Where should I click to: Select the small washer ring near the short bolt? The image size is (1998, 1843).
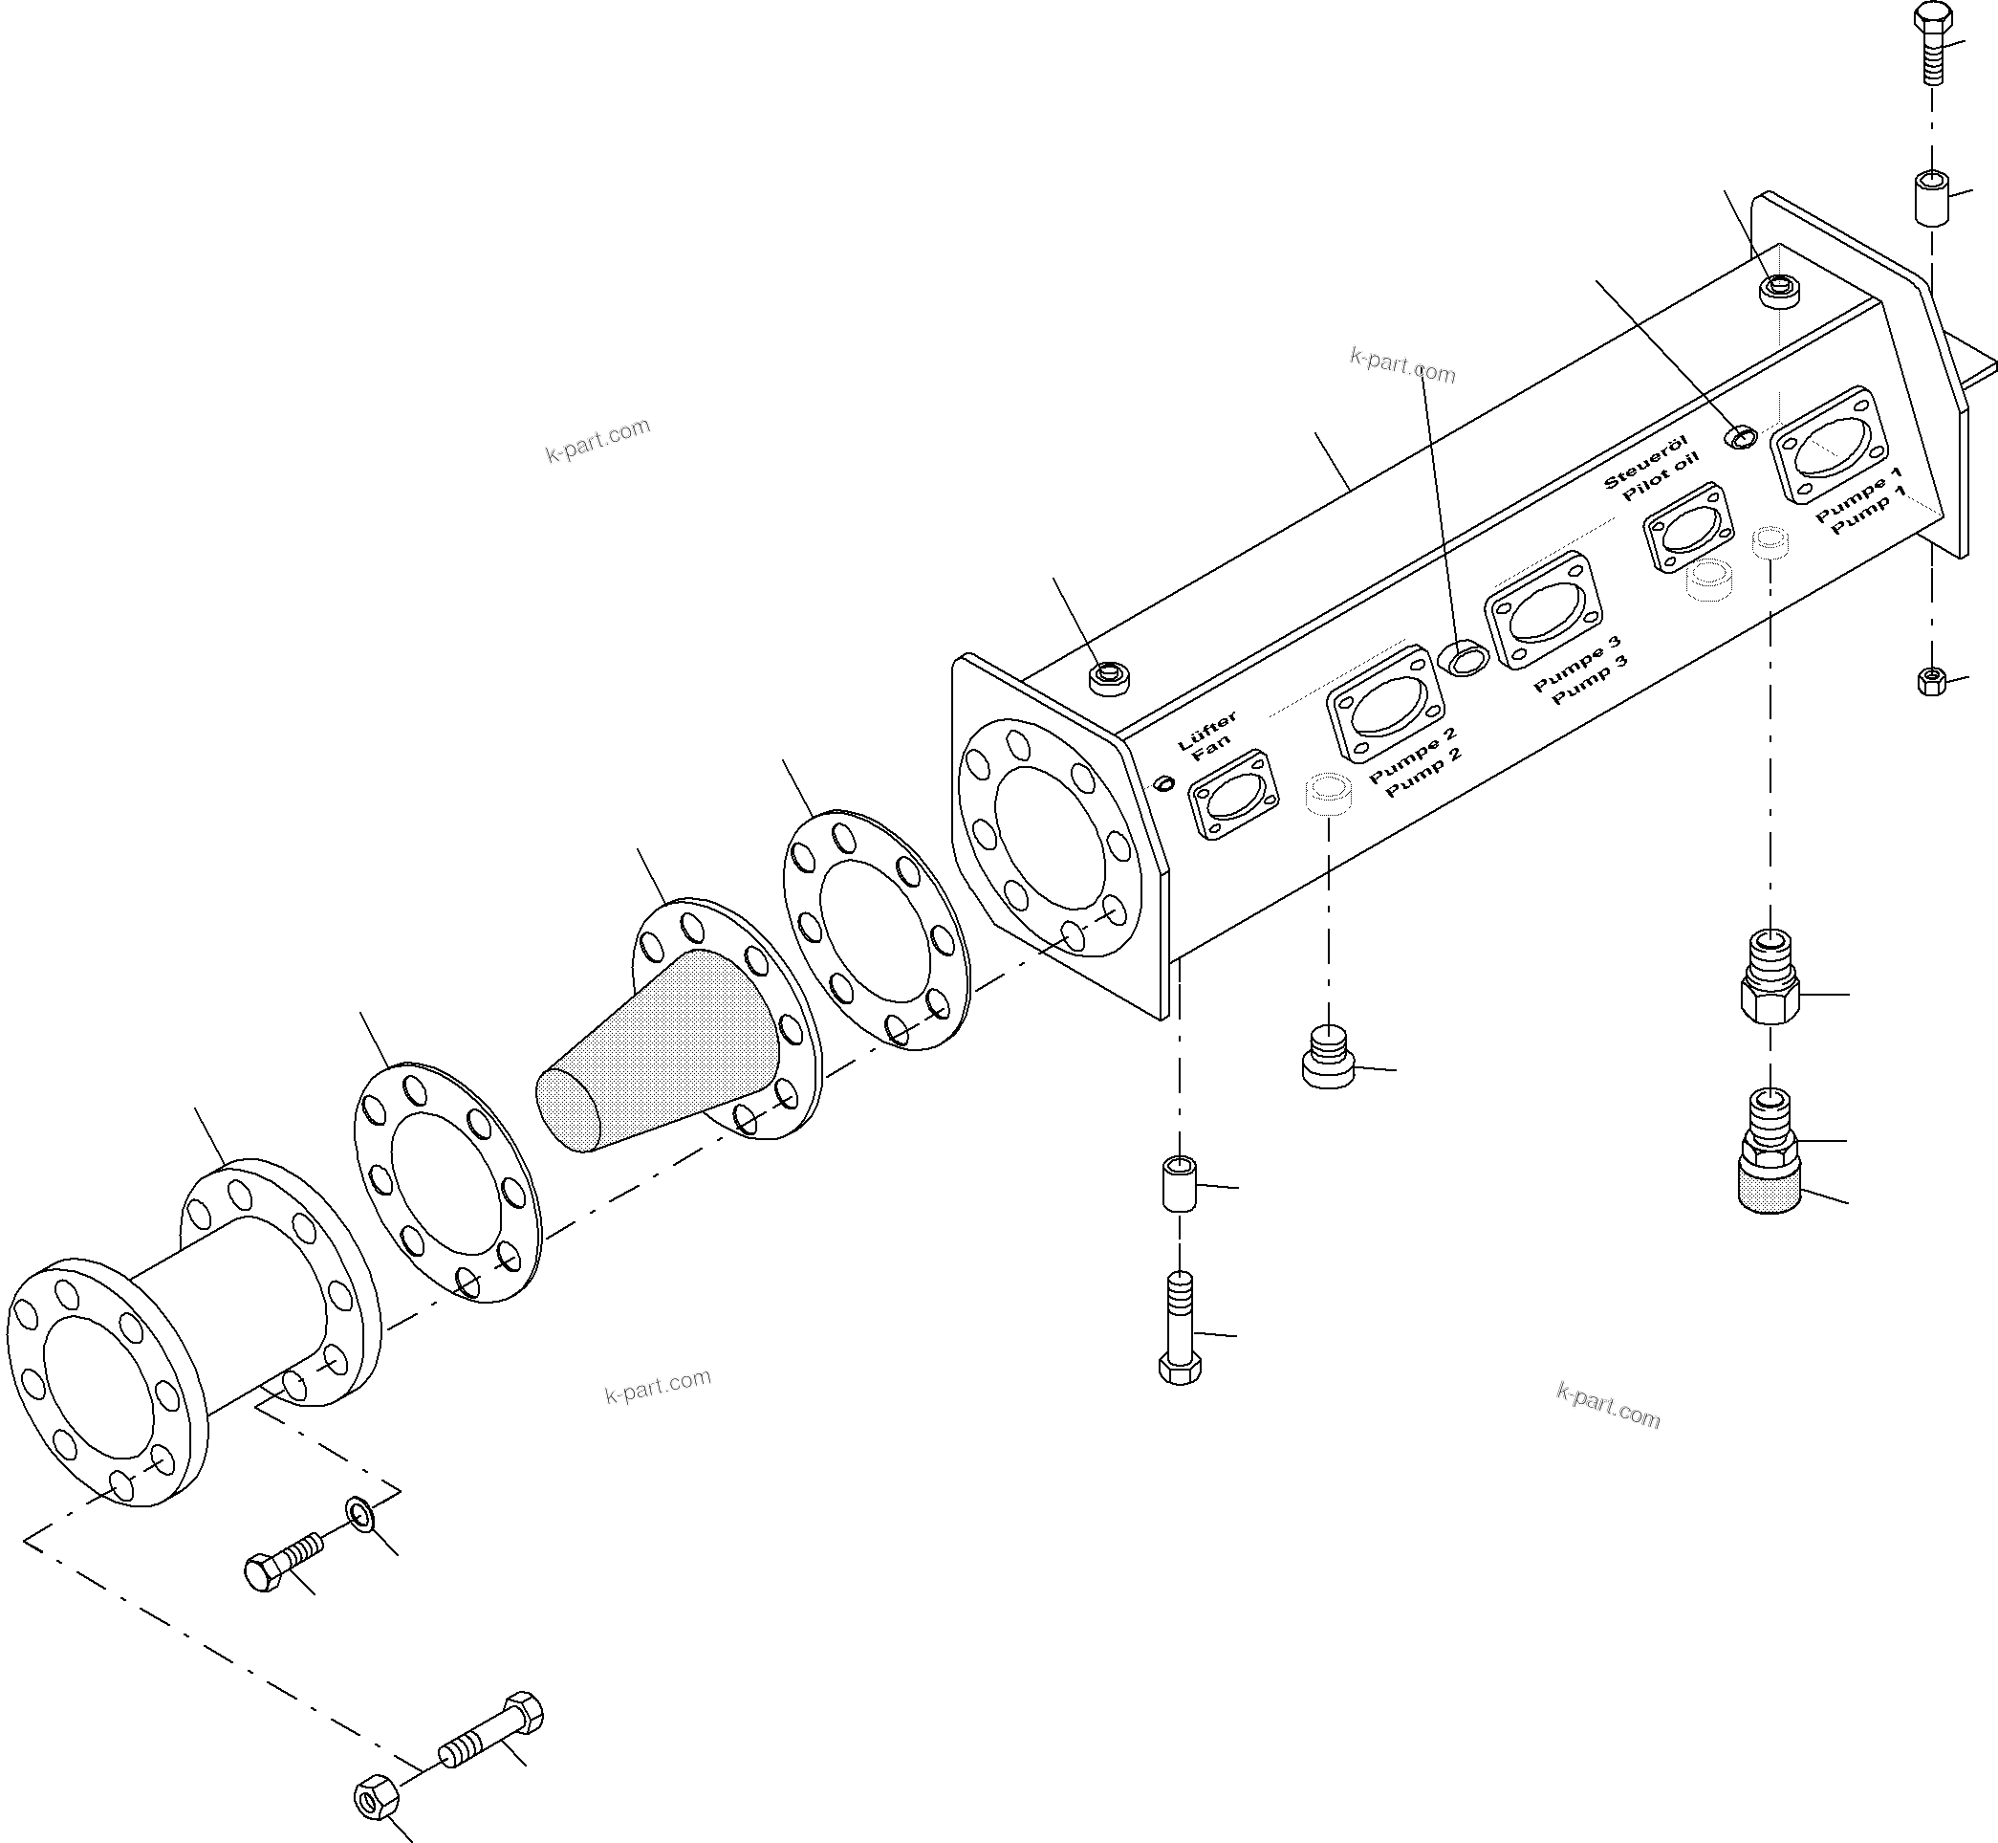click(358, 1514)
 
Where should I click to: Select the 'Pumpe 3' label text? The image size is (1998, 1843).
click(1576, 662)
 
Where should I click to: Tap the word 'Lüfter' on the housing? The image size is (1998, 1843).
click(1206, 729)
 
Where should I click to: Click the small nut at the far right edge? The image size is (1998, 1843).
click(1931, 682)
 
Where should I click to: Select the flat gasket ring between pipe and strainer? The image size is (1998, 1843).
click(447, 1183)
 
